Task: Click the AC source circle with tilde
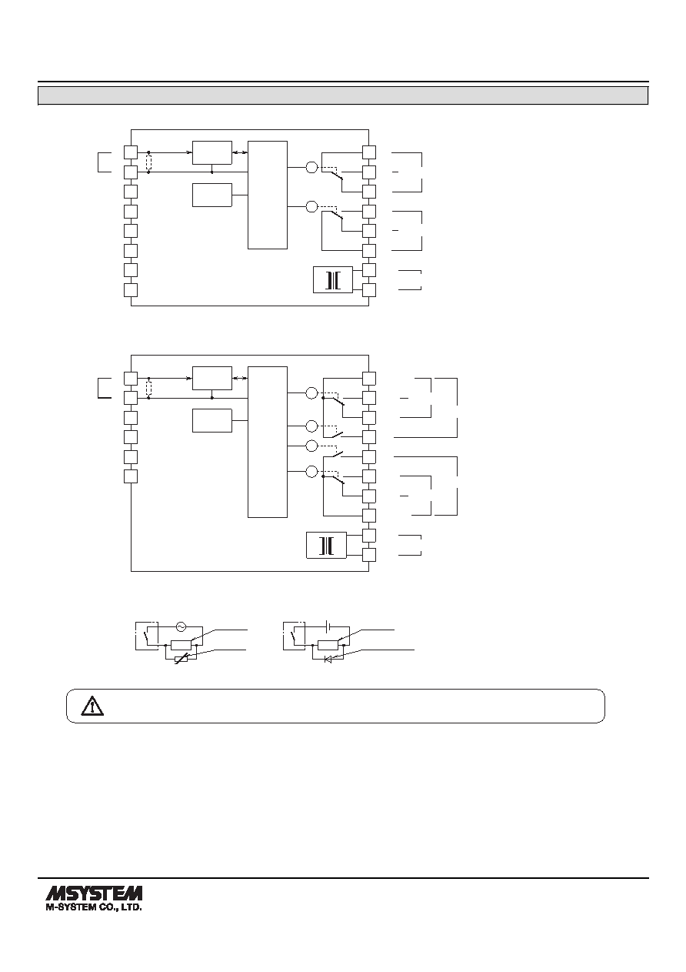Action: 181,626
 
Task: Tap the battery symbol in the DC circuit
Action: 328,626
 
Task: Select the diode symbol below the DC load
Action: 328,660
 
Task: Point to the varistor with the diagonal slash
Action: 181,660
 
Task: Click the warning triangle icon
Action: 92,706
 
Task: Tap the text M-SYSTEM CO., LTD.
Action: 94,907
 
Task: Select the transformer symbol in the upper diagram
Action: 333,280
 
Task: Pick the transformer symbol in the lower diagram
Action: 326,545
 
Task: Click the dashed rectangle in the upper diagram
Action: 148,162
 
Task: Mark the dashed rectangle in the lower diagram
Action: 148,388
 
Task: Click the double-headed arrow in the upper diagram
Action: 240,152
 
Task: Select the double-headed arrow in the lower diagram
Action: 240,378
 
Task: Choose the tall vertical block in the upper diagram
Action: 268,195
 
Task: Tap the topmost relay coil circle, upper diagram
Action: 311,167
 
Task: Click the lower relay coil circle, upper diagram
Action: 311,206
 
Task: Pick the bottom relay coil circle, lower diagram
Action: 311,471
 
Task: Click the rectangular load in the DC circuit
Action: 328,645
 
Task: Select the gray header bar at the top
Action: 343,95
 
